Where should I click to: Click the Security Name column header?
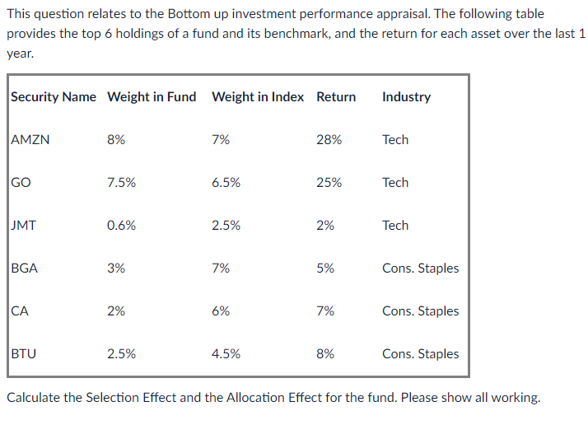tap(54, 97)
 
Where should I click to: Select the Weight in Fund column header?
tap(152, 97)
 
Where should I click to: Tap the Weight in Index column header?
tap(258, 97)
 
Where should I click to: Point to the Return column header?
tap(336, 97)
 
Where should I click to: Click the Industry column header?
tap(406, 97)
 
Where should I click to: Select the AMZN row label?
tap(30, 140)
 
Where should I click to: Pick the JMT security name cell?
tap(24, 226)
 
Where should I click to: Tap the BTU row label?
tap(24, 354)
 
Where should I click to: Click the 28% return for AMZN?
tap(329, 140)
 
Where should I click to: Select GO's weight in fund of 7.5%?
tap(122, 183)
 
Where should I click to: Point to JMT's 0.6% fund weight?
tap(122, 226)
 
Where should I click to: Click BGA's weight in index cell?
tap(221, 269)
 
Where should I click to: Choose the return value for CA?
tap(325, 311)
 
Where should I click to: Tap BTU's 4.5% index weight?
tap(226, 354)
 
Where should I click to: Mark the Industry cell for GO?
tap(395, 183)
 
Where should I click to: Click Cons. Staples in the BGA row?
tap(420, 269)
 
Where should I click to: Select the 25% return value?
tap(329, 183)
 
